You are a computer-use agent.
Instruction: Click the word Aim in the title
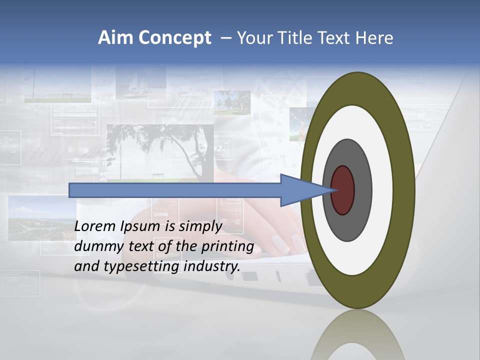pyautogui.click(x=115, y=37)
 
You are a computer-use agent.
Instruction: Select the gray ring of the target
pyautogui.click(x=361, y=190)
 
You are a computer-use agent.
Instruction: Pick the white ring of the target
pyautogui.click(x=382, y=190)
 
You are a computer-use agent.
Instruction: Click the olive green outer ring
pyautogui.click(x=405, y=190)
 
